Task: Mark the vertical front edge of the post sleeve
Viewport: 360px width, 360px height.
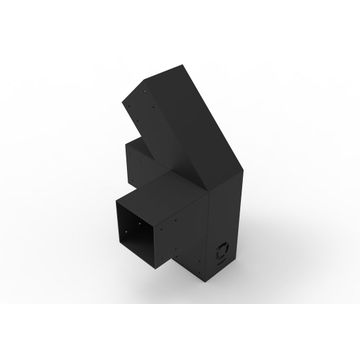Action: click(x=207, y=240)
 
